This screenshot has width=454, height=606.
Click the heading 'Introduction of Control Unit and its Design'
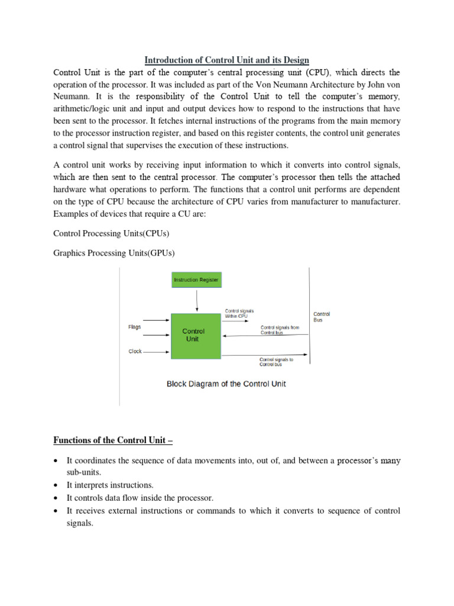click(227, 60)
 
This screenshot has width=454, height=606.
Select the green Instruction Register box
click(196, 279)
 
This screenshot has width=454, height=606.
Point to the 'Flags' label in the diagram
click(134, 327)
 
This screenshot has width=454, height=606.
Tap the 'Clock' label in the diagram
click(135, 351)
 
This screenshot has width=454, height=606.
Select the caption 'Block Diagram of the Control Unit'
click(226, 383)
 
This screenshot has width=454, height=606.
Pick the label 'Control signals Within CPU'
click(239, 313)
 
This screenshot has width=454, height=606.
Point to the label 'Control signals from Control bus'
click(280, 330)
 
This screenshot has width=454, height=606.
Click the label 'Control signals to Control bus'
click(276, 362)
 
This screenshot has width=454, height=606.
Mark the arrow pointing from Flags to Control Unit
click(157, 327)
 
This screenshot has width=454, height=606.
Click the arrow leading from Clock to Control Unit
click(157, 352)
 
